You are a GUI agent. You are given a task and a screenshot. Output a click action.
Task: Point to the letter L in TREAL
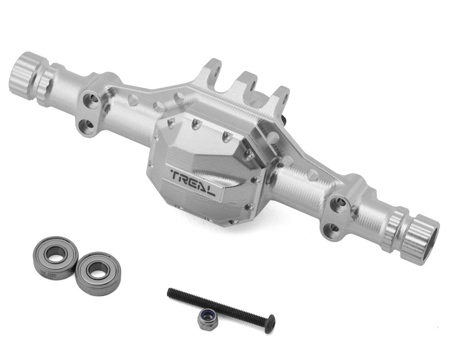click(210, 189)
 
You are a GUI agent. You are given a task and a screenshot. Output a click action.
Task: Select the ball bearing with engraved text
click(55, 257)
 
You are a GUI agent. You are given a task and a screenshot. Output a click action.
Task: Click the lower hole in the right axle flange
click(333, 228)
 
